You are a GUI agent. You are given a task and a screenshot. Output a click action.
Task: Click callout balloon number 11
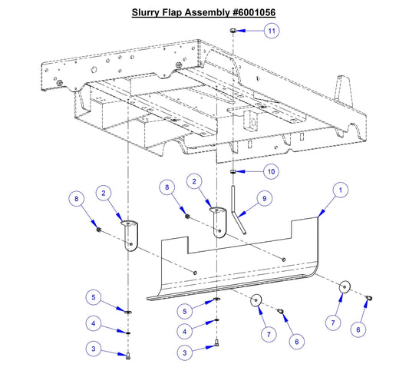[x=271, y=31]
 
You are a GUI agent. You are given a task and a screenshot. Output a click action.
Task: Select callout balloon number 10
[x=271, y=170]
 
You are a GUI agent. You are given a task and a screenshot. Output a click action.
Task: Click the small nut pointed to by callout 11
[x=233, y=30]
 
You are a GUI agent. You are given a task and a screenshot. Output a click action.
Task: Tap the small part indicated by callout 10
[x=233, y=172]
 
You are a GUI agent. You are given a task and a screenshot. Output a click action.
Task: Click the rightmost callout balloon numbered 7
[x=332, y=323]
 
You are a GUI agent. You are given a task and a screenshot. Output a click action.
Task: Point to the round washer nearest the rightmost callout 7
[x=345, y=286]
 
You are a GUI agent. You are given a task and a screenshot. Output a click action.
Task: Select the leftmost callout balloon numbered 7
[x=267, y=334]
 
